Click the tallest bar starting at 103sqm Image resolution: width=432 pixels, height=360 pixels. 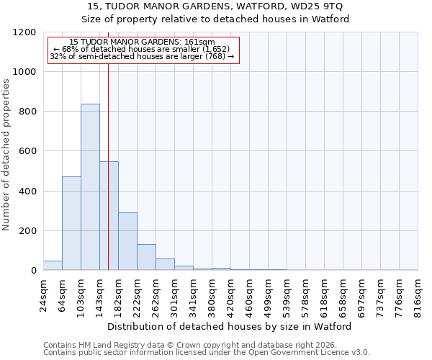pos(90,187)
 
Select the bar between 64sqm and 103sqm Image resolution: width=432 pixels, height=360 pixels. pos(71,223)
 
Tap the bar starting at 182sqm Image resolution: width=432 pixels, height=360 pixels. pos(127,241)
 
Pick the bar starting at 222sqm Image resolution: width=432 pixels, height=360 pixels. pos(146,257)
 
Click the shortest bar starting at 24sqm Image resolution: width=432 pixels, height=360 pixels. pos(53,266)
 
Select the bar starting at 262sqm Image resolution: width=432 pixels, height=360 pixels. pos(165,264)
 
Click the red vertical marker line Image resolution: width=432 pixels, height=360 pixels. pos(108,144)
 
